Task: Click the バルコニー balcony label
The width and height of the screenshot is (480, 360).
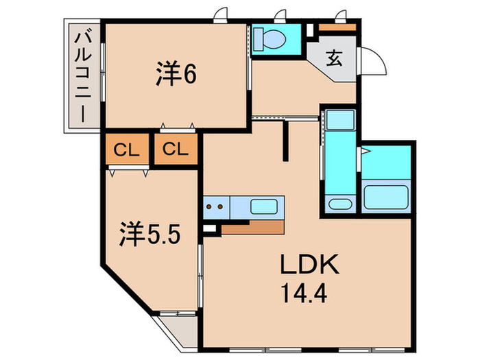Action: pyautogui.click(x=83, y=75)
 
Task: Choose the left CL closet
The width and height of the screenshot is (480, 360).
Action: pyautogui.click(x=126, y=149)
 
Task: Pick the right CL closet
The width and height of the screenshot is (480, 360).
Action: pyautogui.click(x=176, y=149)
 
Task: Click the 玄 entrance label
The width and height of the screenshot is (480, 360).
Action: pyautogui.click(x=334, y=58)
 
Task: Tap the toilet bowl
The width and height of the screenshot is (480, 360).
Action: pyautogui.click(x=269, y=40)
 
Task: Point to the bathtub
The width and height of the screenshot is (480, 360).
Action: pyautogui.click(x=385, y=197)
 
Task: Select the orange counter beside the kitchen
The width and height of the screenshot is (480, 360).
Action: pyautogui.click(x=253, y=228)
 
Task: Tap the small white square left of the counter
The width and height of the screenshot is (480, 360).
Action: pyautogui.click(x=208, y=228)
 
